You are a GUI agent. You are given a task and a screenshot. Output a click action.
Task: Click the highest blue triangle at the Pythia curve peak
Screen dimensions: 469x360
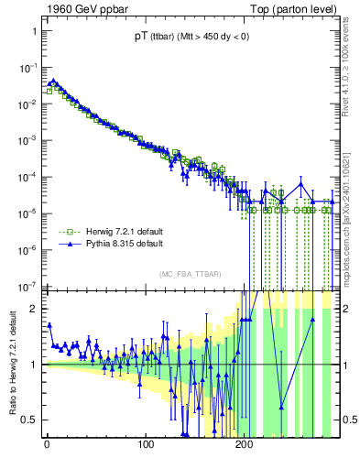coord(53,81)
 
